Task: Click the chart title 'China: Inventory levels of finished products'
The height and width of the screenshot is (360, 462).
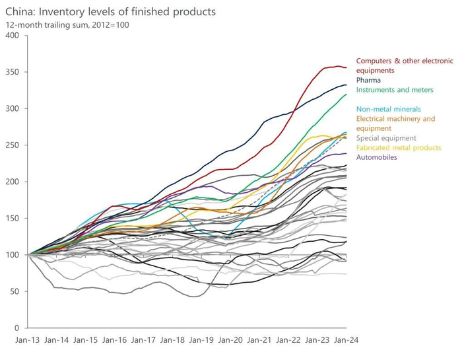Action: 110,13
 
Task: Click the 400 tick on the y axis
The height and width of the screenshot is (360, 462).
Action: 12,35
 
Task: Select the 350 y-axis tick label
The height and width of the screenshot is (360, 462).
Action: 12,71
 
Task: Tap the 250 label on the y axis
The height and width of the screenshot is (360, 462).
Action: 12,145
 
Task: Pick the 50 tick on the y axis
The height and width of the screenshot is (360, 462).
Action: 14,291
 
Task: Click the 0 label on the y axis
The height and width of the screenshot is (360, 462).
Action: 16,328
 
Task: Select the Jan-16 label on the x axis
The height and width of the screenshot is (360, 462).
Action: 114,340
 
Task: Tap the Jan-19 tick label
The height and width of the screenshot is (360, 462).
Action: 201,340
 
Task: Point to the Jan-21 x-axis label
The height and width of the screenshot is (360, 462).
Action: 259,340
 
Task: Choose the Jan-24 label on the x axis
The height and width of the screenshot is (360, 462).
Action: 345,340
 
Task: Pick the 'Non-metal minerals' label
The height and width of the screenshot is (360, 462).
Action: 388,109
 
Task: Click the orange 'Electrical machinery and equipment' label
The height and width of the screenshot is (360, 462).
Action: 395,123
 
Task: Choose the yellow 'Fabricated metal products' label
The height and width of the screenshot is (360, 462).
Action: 398,147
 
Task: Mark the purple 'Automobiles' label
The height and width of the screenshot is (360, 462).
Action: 376,157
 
